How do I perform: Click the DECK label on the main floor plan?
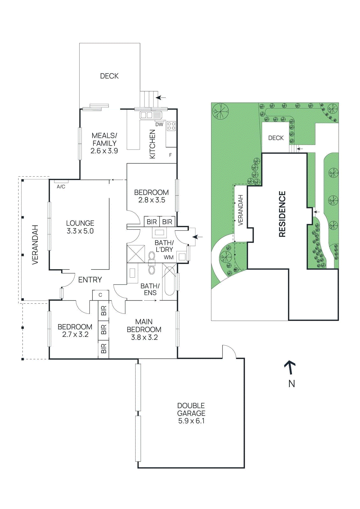coord(109,76)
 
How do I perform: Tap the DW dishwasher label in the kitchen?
coord(159,124)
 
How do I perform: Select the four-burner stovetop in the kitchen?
coord(171,126)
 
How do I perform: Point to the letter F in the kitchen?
coord(170,155)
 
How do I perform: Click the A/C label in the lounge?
coord(61,187)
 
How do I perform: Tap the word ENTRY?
coord(90,280)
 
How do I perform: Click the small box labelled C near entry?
coord(100,295)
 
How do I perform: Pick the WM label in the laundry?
coord(169,257)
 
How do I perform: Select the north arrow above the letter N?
coord(290,367)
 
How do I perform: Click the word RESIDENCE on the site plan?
coord(282,214)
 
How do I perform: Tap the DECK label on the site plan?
coord(276,138)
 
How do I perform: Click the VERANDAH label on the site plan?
coord(240,210)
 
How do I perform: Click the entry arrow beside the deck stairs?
coord(161,97)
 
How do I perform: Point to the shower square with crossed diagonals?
coord(136,253)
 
